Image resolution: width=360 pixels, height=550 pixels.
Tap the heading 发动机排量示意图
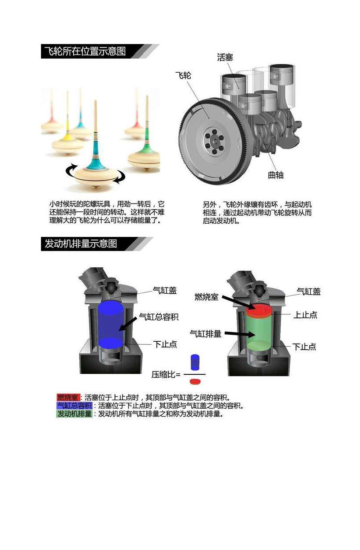tap(81, 244)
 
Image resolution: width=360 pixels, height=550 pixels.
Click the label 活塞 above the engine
tap(225, 57)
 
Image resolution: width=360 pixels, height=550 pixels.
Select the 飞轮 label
tap(183, 75)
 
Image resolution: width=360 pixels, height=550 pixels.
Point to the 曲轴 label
tap(276, 175)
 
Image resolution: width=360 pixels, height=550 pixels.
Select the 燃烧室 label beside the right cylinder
tap(206, 297)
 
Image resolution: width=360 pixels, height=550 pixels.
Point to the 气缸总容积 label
tap(159, 317)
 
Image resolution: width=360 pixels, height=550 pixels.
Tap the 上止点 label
tap(305, 315)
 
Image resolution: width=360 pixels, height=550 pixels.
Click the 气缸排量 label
tap(206, 334)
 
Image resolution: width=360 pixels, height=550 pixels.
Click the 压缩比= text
tap(166, 374)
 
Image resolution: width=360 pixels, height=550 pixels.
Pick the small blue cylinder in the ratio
tap(195, 362)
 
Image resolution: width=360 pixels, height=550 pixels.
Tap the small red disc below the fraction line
tap(195, 381)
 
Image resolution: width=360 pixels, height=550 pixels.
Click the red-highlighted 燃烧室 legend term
tap(68, 397)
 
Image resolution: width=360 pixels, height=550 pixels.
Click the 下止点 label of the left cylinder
tap(165, 344)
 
